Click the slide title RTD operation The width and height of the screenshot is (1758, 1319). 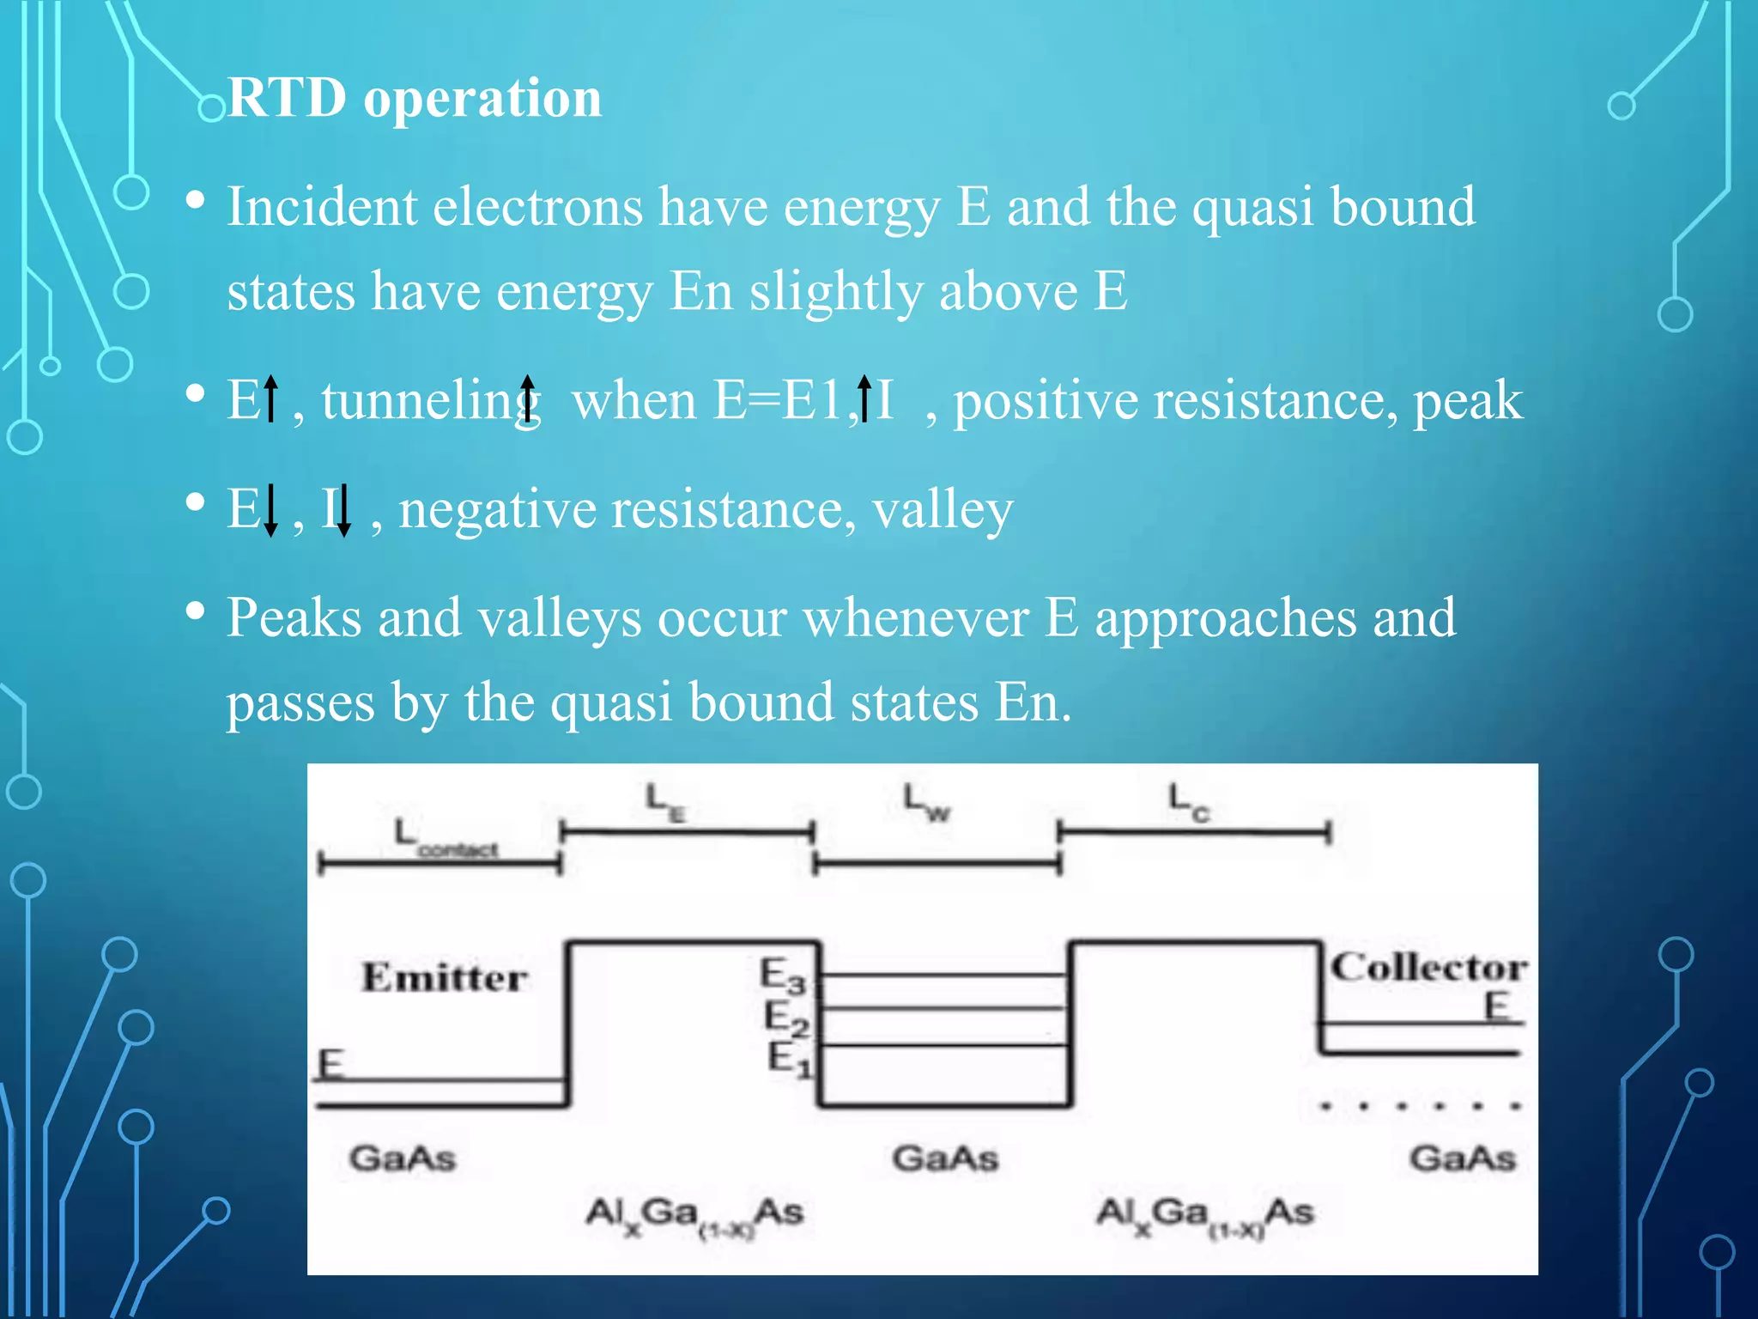pos(415,98)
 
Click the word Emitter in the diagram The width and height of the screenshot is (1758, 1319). pos(444,978)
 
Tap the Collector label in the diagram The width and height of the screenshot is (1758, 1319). pos(1428,968)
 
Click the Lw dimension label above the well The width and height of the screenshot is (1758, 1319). pos(927,802)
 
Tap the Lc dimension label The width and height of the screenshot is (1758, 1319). pos(1188,802)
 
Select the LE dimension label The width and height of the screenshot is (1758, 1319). pos(665,802)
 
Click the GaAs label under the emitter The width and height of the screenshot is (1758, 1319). pos(402,1158)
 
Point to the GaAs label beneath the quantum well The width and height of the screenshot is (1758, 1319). pos(945,1158)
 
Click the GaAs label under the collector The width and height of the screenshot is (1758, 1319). pos(1463,1158)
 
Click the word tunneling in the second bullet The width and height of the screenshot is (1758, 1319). pos(429,402)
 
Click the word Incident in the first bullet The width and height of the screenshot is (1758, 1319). pos(321,208)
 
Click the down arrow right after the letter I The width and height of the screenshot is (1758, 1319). pos(343,510)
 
